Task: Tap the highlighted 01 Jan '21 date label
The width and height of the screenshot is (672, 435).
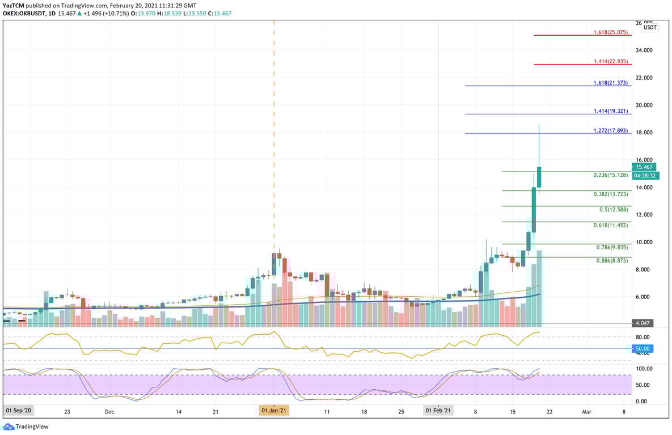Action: coord(274,411)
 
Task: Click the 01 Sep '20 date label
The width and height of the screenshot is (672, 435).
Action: coord(19,411)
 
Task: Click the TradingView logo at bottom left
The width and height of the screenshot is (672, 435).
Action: coord(27,427)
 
